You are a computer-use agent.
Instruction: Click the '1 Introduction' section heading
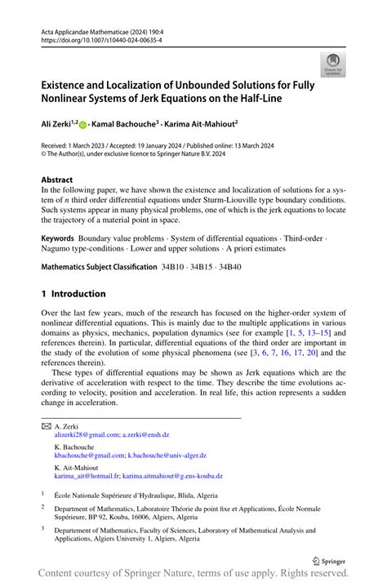(73, 294)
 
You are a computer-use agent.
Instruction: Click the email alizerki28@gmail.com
(86, 437)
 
